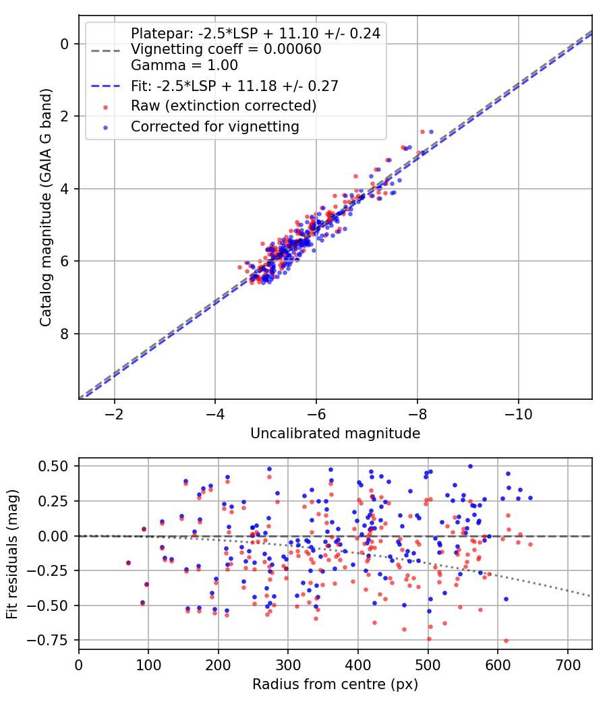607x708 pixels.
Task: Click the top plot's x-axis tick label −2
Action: click(114, 414)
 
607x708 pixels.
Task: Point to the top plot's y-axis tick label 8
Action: click(64, 334)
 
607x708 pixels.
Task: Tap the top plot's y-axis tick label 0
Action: click(64, 45)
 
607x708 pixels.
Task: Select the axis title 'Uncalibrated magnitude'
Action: click(335, 434)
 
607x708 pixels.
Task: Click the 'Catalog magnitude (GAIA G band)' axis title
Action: click(45, 207)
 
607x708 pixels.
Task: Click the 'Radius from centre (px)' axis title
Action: click(335, 684)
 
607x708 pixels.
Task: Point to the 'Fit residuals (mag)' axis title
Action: click(12, 554)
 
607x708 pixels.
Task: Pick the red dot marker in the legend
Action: click(106, 107)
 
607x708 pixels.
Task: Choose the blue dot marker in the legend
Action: click(106, 128)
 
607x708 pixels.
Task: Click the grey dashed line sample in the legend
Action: click(106, 51)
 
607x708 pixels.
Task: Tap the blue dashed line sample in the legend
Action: click(106, 86)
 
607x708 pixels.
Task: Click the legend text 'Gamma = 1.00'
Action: click(184, 65)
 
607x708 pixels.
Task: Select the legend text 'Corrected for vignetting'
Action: click(215, 127)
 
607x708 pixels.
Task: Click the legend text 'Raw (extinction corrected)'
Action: click(223, 106)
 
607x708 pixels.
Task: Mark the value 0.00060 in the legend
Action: click(292, 49)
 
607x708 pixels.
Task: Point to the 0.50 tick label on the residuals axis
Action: click(53, 466)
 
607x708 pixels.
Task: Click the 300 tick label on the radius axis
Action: click(288, 665)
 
